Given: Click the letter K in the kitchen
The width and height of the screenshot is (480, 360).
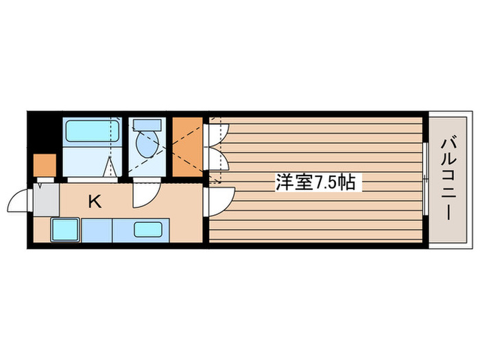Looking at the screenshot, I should pos(95,202).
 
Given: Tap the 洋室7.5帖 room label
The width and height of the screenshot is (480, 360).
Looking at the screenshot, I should pos(315,182).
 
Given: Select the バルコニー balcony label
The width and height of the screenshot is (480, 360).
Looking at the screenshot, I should pos(446,180).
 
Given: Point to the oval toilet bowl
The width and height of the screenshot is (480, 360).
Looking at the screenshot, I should pos(147,144).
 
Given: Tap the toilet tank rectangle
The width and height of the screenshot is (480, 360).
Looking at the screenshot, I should pos(147,125).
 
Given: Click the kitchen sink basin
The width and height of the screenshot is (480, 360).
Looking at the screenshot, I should pos(148,230).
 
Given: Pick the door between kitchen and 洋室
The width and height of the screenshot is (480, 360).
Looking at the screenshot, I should pos(219,200).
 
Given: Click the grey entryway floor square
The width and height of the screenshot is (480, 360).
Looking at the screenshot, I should pos(47,200).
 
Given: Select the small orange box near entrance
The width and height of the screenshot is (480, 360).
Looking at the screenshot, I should pos(45,165).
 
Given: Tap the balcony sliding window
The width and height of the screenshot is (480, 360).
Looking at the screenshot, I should pos(425,180).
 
